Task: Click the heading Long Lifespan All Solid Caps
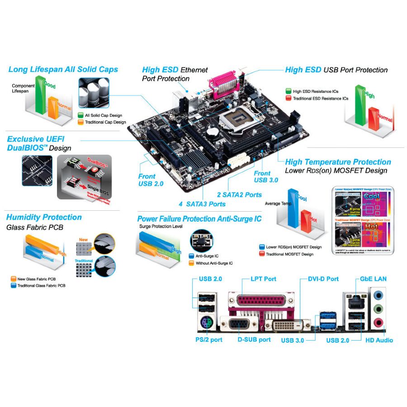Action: coord(63,69)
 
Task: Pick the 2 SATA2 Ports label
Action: coord(239,194)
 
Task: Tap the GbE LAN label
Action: coord(373,279)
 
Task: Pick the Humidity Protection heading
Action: coord(44,218)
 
